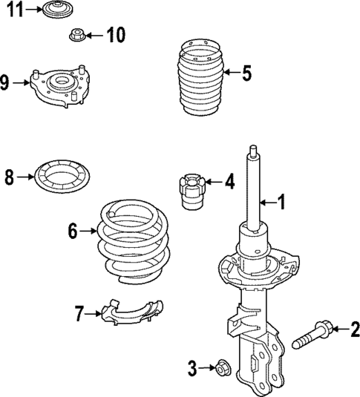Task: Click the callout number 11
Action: [x=14, y=10]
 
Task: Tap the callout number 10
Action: [x=116, y=34]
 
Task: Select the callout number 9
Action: [x=5, y=82]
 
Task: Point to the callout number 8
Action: [x=10, y=177]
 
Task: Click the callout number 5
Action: [x=246, y=73]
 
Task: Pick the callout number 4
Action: [x=230, y=180]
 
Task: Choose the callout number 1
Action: [x=281, y=200]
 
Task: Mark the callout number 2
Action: [x=354, y=327]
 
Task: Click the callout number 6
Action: [x=72, y=232]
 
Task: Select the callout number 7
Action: [x=79, y=313]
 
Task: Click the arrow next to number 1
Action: [x=268, y=200]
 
